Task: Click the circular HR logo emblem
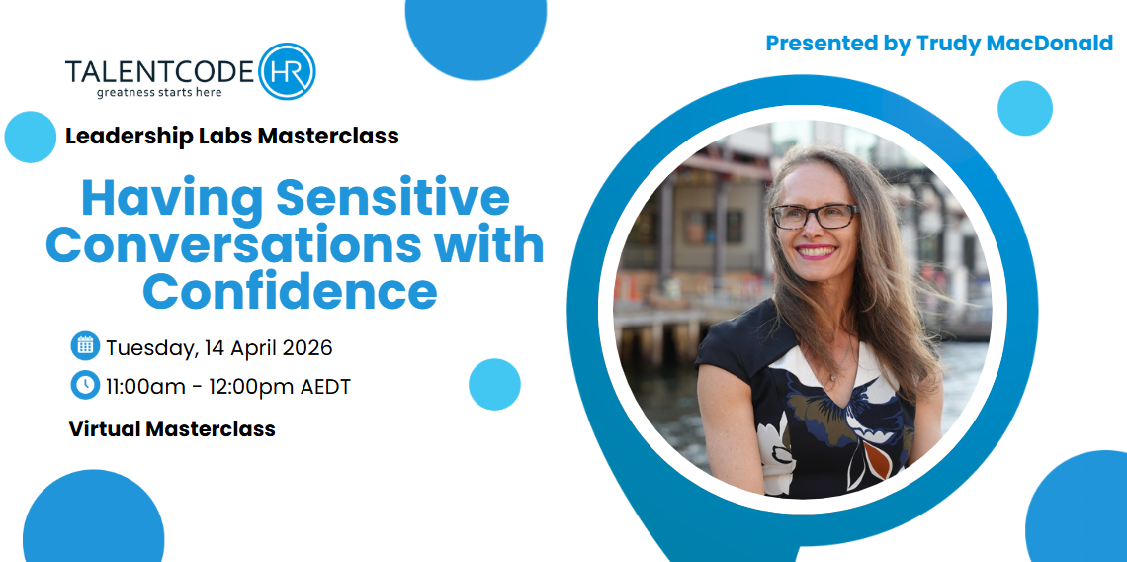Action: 287,71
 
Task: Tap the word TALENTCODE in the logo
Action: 159,72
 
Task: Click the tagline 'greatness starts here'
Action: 159,92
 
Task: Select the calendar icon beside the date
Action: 85,346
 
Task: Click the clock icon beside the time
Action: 85,385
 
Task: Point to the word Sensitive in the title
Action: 392,197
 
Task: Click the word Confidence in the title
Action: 291,291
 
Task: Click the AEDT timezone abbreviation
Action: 325,387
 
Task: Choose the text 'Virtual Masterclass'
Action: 172,429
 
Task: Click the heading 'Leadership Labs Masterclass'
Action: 232,136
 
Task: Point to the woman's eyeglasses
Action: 815,216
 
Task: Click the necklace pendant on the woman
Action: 833,376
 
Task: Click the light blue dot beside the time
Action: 494,384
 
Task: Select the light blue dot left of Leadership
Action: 31,137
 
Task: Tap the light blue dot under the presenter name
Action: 1025,108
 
